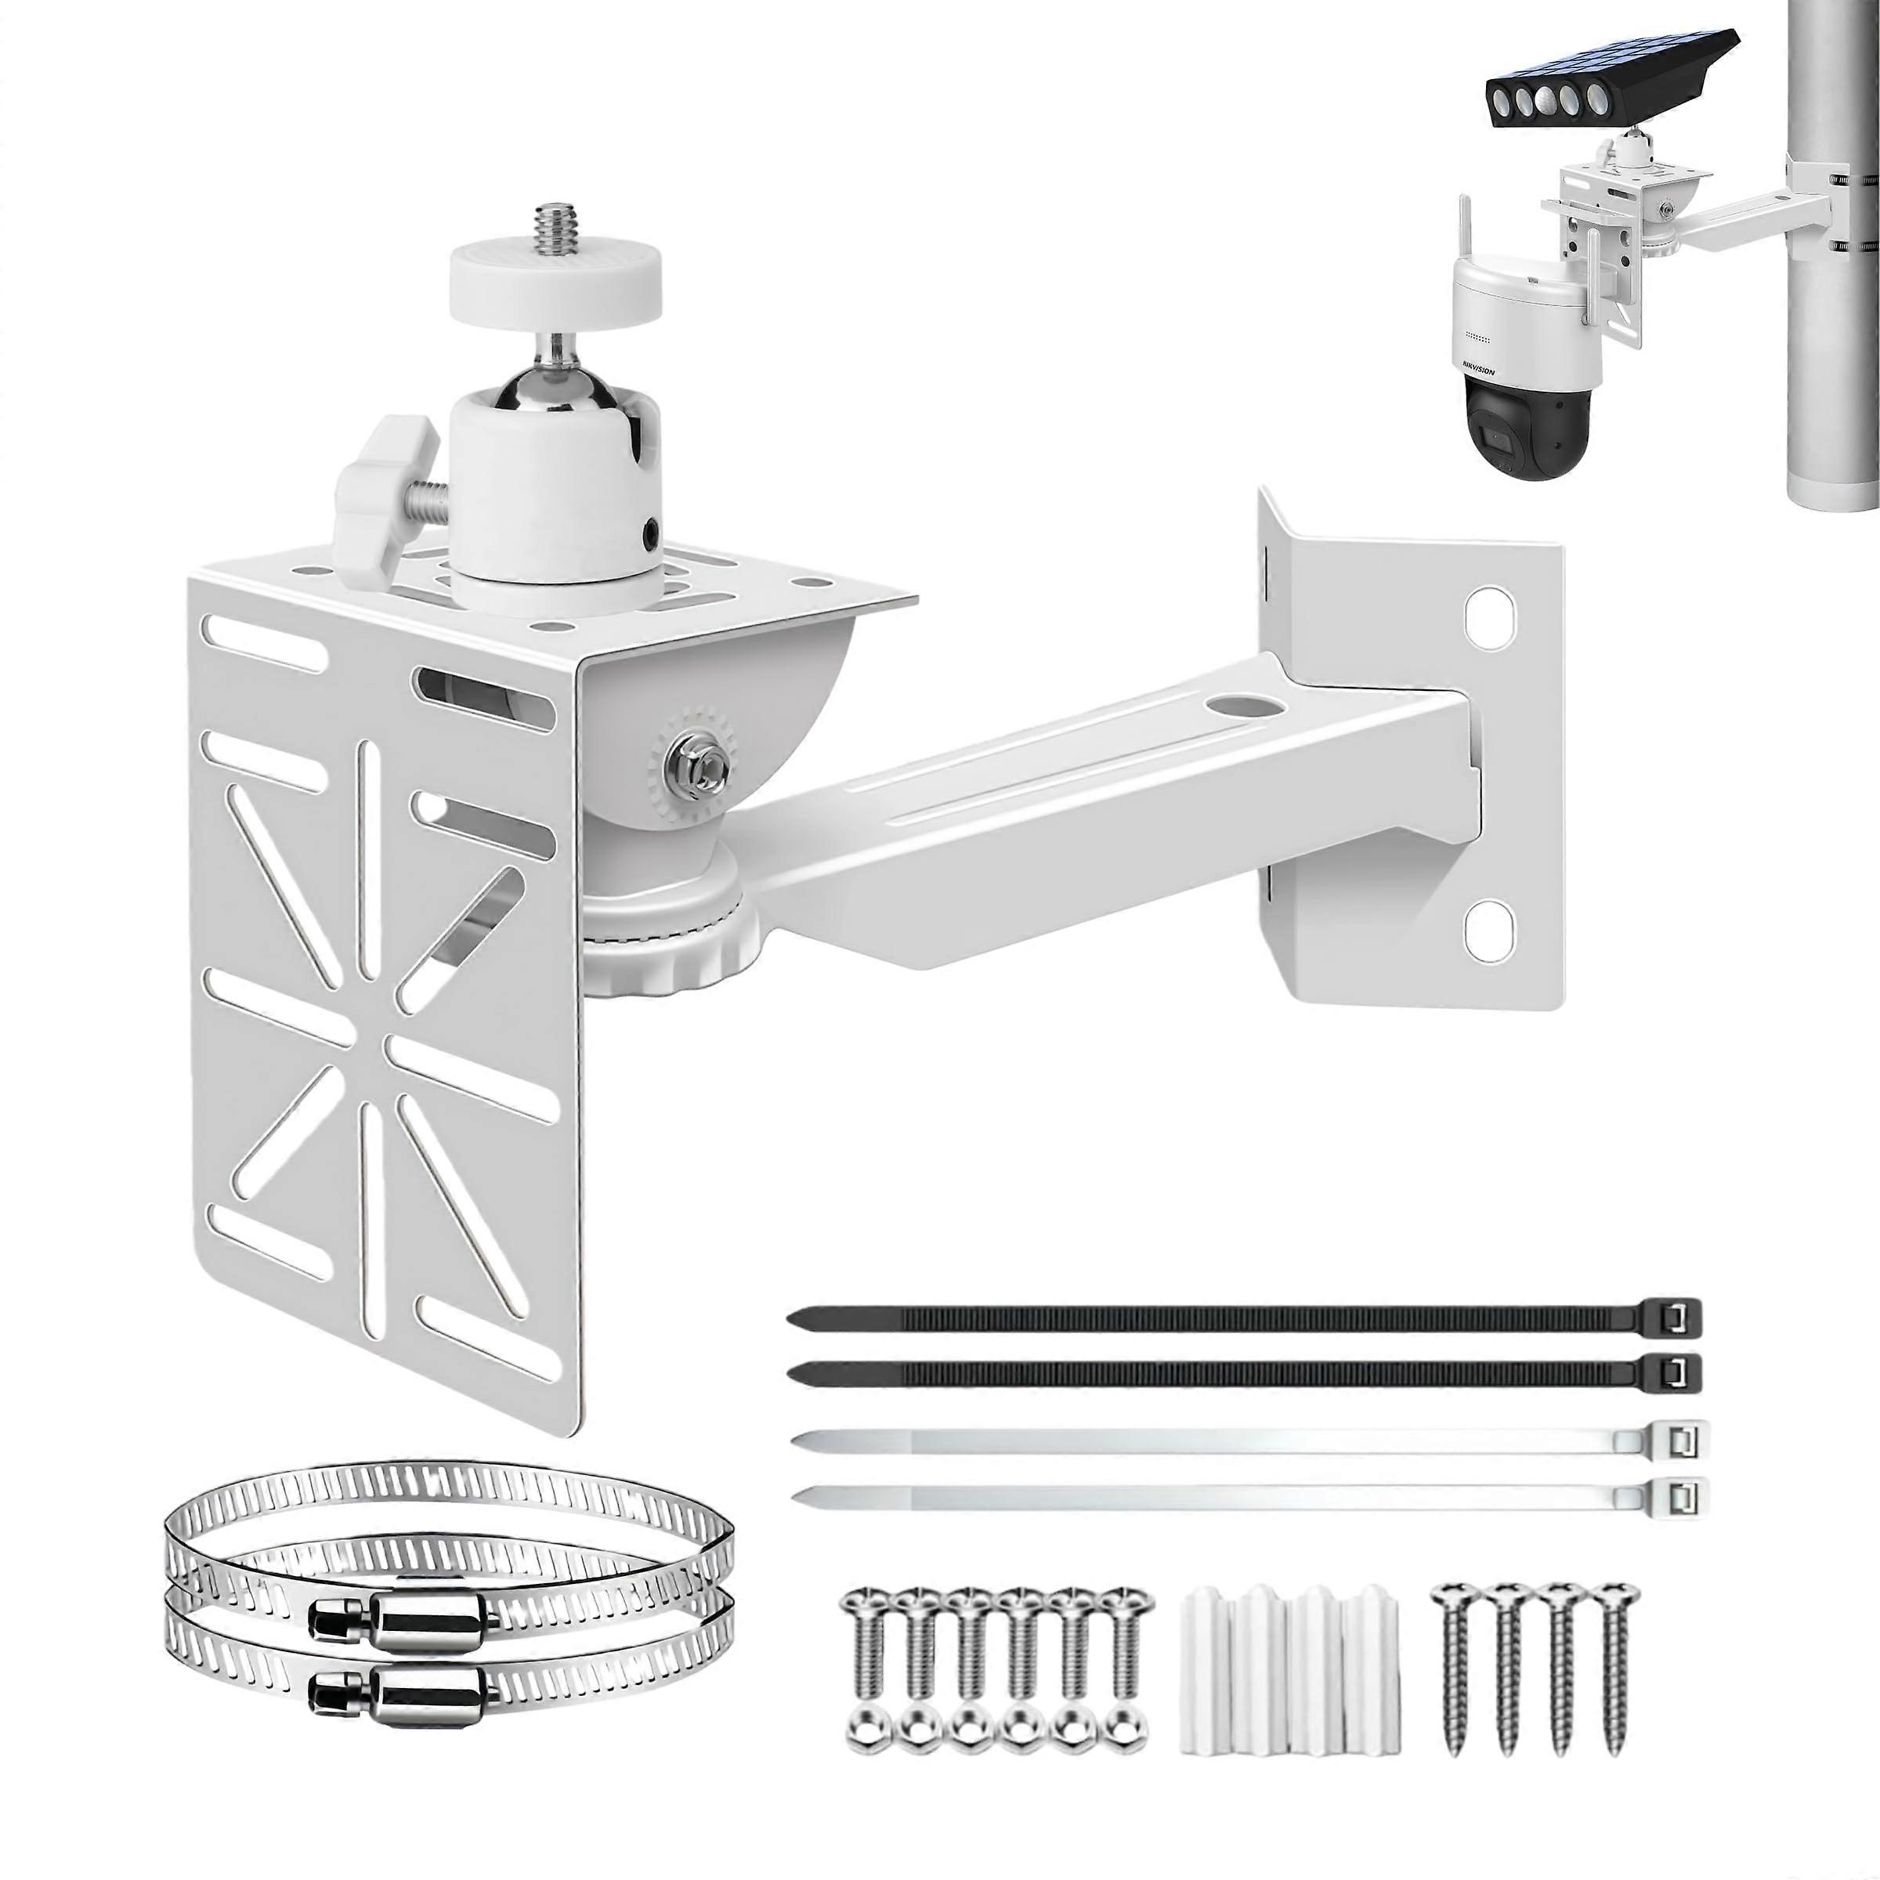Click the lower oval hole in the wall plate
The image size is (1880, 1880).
(1489, 924)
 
